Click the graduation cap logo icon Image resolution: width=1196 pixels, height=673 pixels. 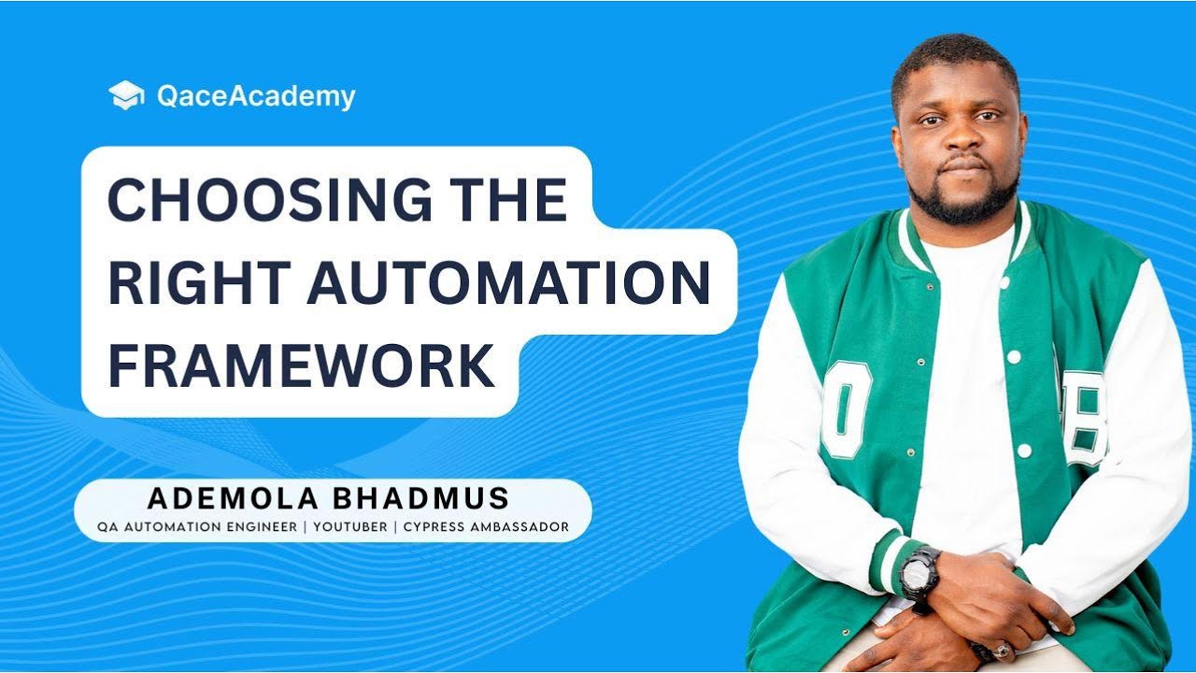coord(126,95)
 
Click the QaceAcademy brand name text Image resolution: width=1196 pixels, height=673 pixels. coord(256,96)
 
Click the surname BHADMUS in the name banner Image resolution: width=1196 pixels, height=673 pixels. coord(424,497)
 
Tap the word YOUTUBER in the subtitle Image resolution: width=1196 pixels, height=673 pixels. coord(350,527)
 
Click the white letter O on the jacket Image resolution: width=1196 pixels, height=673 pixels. coord(846,408)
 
